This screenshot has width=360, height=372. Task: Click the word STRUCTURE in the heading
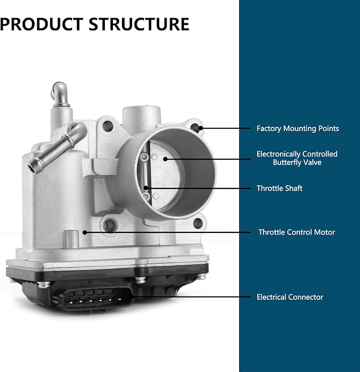coord(139,24)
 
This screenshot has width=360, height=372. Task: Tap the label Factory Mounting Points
coord(297,128)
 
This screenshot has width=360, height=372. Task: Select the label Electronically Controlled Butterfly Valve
coord(297,158)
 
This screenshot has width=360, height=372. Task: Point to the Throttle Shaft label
coord(279,188)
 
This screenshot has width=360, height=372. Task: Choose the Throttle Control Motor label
coord(297,232)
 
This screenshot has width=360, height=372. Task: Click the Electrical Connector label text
coord(290,297)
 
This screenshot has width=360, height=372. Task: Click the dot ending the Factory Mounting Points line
coord(200,128)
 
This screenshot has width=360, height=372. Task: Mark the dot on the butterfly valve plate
coord(165,159)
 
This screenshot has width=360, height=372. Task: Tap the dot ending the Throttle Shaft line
coord(146,188)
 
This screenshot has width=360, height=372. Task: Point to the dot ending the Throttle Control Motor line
coord(85,232)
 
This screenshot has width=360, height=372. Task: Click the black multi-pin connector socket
coord(96,298)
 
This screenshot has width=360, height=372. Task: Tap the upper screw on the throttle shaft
coord(144,157)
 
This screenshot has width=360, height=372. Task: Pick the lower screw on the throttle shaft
coord(146,196)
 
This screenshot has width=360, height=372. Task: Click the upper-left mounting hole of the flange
coord(108,126)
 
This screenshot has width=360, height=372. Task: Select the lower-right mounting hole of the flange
coord(198,223)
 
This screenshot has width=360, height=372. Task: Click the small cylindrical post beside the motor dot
coord(71,239)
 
